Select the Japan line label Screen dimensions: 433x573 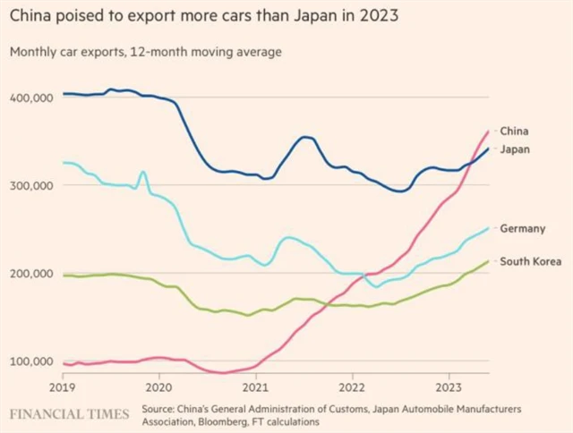tap(515, 149)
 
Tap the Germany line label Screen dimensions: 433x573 tap(522, 228)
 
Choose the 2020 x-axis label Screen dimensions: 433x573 tap(158, 388)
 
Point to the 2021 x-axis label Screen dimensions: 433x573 tap(255, 388)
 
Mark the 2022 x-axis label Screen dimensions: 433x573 tap(352, 388)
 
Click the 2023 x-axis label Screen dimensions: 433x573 tap(449, 388)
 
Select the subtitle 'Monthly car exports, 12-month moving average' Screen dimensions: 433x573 tap(145, 52)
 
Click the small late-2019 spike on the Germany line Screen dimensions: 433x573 tap(142, 172)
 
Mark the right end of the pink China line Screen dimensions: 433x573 tap(488, 132)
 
